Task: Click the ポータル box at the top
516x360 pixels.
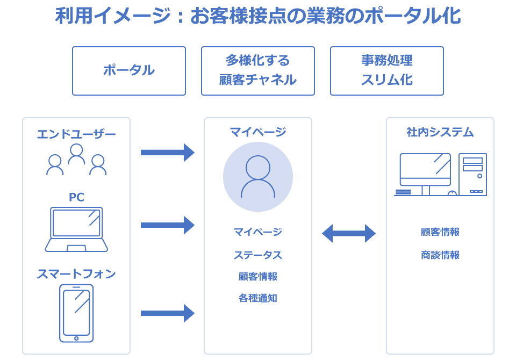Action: pyautogui.click(x=129, y=70)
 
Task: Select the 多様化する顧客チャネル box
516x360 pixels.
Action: pyautogui.click(x=258, y=70)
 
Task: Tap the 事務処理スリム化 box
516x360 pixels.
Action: pyautogui.click(x=387, y=70)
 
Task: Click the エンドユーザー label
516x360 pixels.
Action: pyautogui.click(x=76, y=134)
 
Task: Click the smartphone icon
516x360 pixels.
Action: pyautogui.click(x=76, y=313)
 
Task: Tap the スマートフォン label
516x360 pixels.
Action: pyautogui.click(x=76, y=274)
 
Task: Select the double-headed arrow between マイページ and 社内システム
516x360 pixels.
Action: pyautogui.click(x=349, y=233)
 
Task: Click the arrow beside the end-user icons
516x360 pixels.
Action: pyautogui.click(x=167, y=153)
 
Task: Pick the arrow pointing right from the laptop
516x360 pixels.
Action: pyautogui.click(x=167, y=225)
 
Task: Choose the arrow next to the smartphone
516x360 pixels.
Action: pyautogui.click(x=167, y=313)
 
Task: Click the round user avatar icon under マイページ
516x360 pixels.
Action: pyautogui.click(x=258, y=177)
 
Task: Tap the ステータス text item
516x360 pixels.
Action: pyautogui.click(x=258, y=255)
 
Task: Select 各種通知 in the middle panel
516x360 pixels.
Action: pyautogui.click(x=258, y=298)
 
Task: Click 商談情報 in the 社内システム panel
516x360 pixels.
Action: pyautogui.click(x=440, y=255)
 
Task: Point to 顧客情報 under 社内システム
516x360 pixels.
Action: pyautogui.click(x=440, y=232)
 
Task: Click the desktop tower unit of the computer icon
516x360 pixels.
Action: pyautogui.click(x=472, y=175)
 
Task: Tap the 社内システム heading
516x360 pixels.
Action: pyautogui.click(x=440, y=132)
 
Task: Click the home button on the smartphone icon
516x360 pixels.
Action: pyautogui.click(x=76, y=339)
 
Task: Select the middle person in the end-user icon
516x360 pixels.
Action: pyautogui.click(x=76, y=154)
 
